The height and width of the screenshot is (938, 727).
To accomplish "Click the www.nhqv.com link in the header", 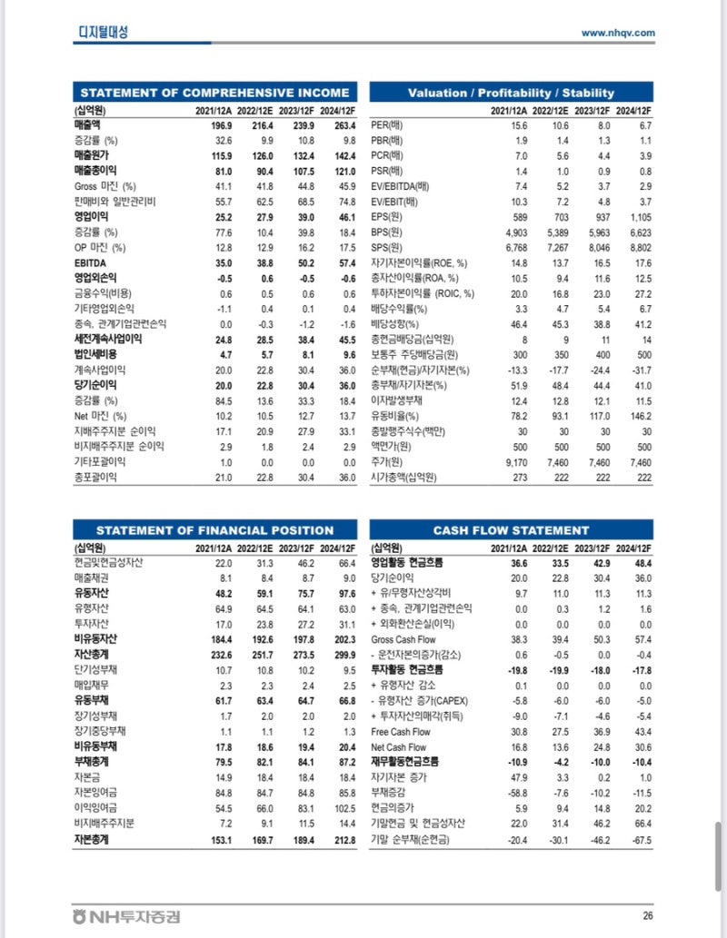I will point(618,33).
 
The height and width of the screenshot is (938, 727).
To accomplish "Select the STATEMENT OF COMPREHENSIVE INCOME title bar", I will point(214,93).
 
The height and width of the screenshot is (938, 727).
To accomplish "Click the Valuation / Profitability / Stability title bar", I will point(511,93).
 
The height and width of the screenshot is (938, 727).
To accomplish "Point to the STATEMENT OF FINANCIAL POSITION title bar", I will point(214,530).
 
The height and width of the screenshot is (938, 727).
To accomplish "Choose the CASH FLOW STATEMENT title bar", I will point(511,530).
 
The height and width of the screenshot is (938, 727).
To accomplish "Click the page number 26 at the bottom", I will point(647,916).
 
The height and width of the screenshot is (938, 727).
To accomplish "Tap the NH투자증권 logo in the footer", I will point(126,916).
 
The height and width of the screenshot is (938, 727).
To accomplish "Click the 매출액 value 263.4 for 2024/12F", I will point(342,124).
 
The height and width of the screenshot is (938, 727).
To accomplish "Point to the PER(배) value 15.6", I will point(519,124).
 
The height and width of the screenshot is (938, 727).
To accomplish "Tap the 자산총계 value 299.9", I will point(342,655).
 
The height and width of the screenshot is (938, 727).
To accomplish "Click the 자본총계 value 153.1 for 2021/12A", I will point(222,840).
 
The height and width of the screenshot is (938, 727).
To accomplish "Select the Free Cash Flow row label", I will point(401,732).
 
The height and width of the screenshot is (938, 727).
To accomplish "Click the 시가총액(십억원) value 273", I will point(521,478).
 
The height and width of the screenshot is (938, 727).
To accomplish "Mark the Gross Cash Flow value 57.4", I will point(641,639).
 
